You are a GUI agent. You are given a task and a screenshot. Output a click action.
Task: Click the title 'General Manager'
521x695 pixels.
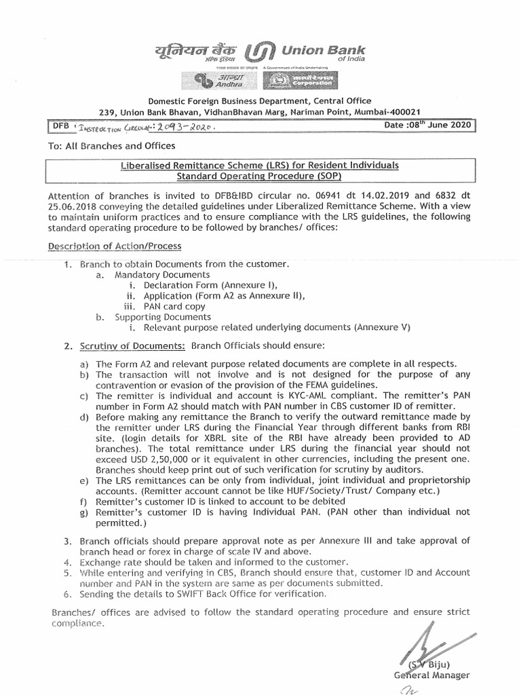coord(431,675)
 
